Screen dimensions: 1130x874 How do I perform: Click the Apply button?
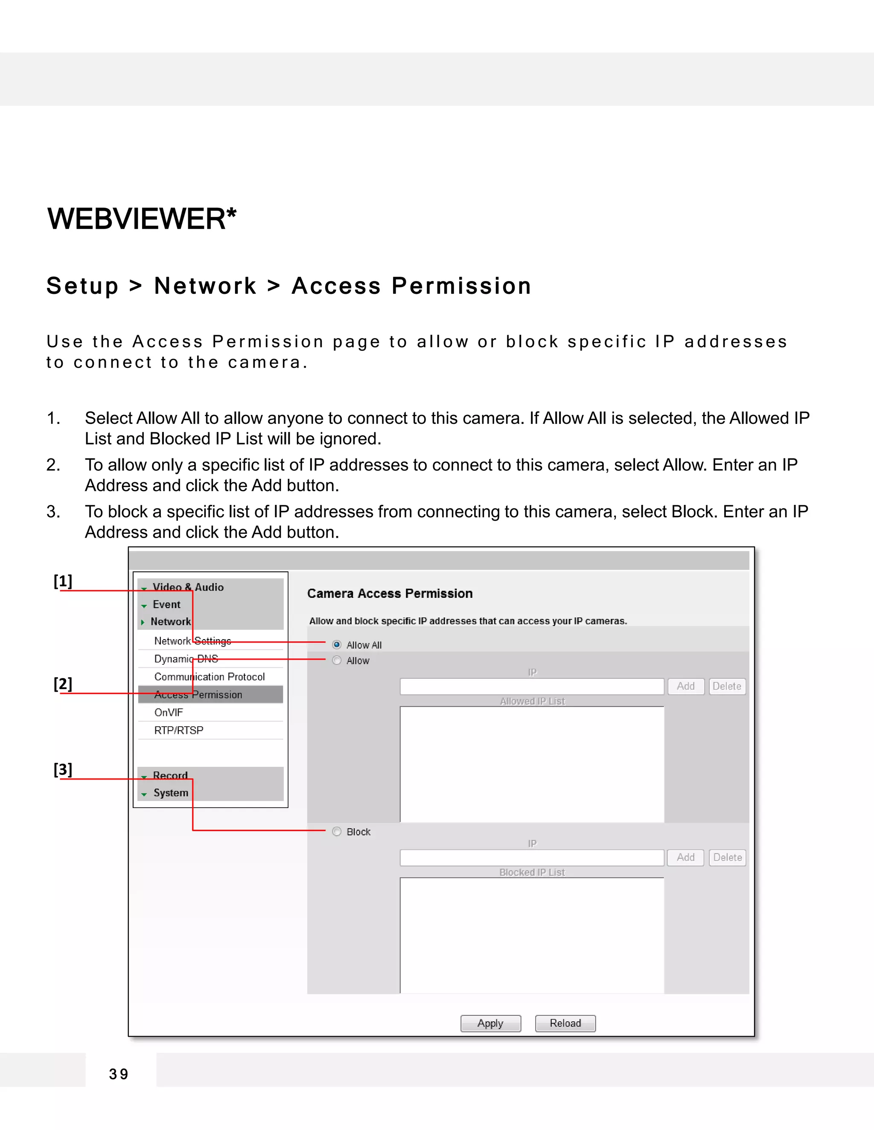point(490,1023)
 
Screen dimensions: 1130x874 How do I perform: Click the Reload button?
point(565,1023)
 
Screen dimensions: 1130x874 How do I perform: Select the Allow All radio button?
point(337,645)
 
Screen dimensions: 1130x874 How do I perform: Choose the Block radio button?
point(337,832)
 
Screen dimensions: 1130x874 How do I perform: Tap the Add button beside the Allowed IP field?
point(685,686)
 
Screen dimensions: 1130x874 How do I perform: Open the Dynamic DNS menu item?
point(186,659)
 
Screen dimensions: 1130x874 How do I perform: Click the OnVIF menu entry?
point(169,713)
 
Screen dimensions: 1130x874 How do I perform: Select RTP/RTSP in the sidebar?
point(179,730)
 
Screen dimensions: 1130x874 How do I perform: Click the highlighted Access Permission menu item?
point(198,694)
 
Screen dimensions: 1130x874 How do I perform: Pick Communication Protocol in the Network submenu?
point(209,677)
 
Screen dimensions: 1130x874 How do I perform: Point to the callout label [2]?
point(63,684)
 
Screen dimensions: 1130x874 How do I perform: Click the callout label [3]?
point(63,769)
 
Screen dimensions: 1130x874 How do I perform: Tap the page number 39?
point(119,1074)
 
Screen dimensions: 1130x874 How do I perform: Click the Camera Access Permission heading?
point(389,594)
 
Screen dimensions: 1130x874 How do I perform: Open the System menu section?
point(170,793)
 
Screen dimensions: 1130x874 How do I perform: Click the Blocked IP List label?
point(532,872)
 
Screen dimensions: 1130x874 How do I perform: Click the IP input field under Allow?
point(532,687)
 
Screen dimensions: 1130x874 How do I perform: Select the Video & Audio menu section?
point(188,587)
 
